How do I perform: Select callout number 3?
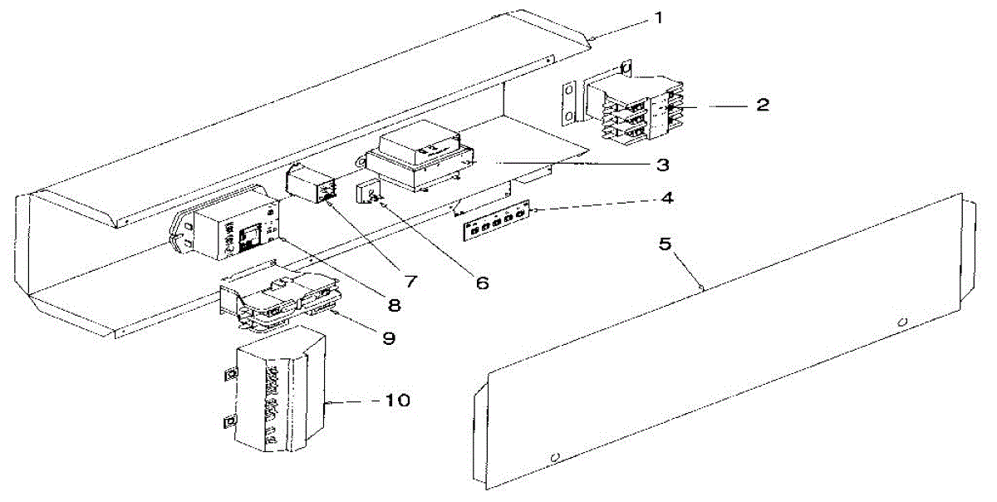tap(662, 164)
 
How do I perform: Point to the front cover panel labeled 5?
tap(723, 349)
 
